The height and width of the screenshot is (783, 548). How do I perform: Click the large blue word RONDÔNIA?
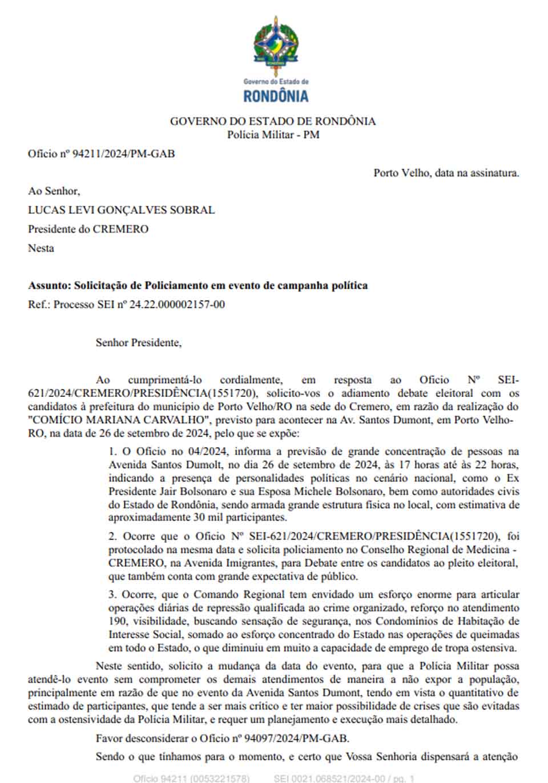coord(276,96)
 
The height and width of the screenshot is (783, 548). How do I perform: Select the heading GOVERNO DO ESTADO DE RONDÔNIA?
coord(273,121)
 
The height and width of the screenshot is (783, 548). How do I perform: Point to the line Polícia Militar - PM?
coord(273,135)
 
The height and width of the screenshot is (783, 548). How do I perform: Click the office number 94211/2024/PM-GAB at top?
coord(123,153)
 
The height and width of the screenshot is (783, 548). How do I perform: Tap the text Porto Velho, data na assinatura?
coord(446,172)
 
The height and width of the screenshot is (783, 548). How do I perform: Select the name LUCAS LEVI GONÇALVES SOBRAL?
coord(121,210)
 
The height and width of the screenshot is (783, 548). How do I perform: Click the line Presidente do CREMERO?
coord(88,229)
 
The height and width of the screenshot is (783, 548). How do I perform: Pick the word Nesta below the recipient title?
coord(41,248)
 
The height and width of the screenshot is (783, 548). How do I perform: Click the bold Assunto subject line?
coord(198,285)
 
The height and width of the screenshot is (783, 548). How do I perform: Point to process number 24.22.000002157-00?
coord(177,305)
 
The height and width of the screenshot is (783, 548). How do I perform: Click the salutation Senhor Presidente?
coord(138,343)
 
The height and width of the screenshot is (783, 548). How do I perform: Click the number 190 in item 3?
coord(116,621)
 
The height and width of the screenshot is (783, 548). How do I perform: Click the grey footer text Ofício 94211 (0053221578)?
coord(191,778)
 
